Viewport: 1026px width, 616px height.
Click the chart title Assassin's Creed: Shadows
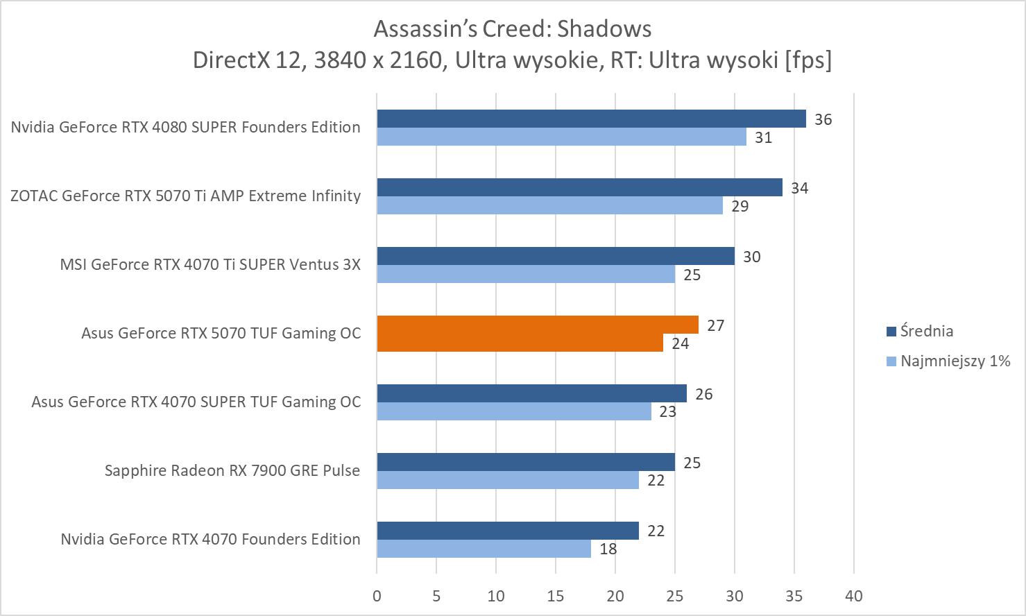[x=512, y=29]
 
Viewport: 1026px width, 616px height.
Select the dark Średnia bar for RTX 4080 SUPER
[x=591, y=119]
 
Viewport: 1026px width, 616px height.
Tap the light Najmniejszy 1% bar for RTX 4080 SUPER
[x=561, y=137]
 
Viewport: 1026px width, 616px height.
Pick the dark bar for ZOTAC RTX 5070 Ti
[x=579, y=187]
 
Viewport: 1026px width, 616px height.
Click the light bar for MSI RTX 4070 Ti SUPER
[x=526, y=274]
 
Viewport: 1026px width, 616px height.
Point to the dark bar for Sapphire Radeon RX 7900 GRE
[x=526, y=462]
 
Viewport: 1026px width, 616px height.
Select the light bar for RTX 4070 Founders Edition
[x=484, y=549]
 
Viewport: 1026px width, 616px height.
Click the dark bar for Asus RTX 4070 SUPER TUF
[x=531, y=393]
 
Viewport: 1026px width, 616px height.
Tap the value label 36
[x=823, y=119]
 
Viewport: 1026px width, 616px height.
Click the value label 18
[x=608, y=549]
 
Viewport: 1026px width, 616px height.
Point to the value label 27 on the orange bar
[x=715, y=325]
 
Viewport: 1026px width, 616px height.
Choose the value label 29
[x=739, y=206]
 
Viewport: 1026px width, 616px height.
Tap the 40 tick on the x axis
[x=854, y=596]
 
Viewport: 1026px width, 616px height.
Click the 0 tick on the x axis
[x=377, y=596]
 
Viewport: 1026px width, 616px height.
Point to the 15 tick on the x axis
[x=556, y=596]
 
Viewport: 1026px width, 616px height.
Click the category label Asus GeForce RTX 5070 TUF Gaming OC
[x=221, y=333]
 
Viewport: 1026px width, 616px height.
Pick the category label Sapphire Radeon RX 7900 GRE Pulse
[x=232, y=470]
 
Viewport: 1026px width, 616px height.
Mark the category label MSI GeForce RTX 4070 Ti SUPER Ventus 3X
[x=210, y=264]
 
